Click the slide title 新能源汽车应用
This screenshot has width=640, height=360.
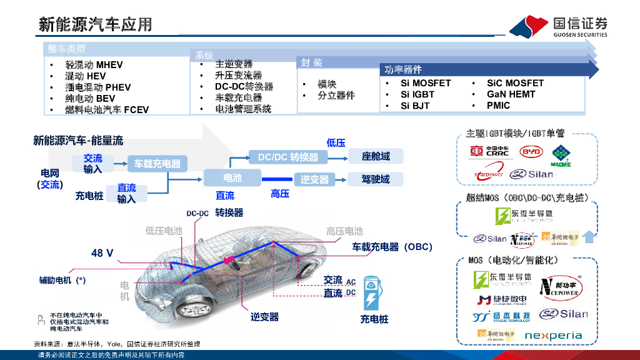click(x=95, y=24)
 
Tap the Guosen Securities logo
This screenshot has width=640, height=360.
click(x=558, y=27)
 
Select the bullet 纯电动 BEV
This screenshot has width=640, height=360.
click(x=90, y=98)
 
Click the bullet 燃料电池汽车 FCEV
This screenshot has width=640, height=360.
click(x=107, y=109)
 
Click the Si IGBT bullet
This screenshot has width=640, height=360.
click(x=417, y=94)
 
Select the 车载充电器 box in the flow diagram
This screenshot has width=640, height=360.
click(x=157, y=164)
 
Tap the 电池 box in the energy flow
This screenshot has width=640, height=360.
click(x=231, y=178)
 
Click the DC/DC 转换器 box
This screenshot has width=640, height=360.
click(x=288, y=157)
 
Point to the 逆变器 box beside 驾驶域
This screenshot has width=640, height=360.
click(x=314, y=179)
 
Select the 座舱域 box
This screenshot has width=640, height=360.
click(x=375, y=156)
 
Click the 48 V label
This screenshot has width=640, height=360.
click(x=102, y=253)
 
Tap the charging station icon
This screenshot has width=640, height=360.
click(x=373, y=292)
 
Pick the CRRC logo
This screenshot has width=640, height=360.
click(x=490, y=151)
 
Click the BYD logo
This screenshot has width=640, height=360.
click(x=531, y=151)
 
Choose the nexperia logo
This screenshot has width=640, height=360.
click(x=552, y=335)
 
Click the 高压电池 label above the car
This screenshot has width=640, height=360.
click(x=344, y=231)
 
